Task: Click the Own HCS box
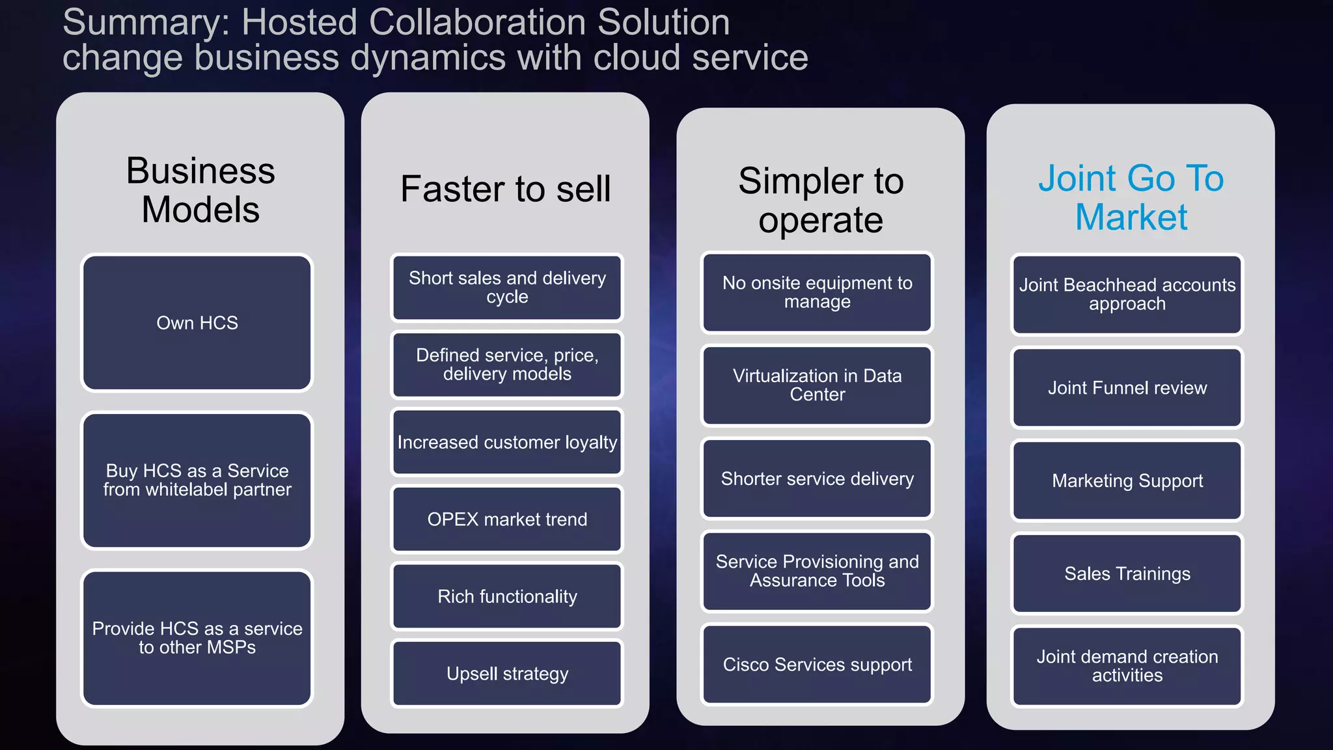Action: pos(197,323)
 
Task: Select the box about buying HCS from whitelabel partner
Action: pos(197,480)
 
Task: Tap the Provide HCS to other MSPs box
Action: pos(197,638)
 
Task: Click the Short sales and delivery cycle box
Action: pos(507,287)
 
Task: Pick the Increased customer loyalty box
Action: pos(507,442)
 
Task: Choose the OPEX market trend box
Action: pos(507,520)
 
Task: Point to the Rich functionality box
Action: pos(507,596)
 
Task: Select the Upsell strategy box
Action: pos(507,674)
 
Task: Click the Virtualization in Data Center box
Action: pos(817,385)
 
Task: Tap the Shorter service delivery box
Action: pos(817,479)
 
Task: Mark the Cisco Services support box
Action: pos(817,665)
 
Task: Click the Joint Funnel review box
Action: pos(1127,388)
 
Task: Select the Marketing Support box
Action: pos(1127,481)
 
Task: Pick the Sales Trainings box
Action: pos(1127,574)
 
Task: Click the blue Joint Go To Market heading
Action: pos(1131,197)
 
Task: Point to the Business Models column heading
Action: pos(200,190)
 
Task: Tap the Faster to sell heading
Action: pos(506,189)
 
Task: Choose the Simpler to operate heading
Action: pos(821,200)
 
